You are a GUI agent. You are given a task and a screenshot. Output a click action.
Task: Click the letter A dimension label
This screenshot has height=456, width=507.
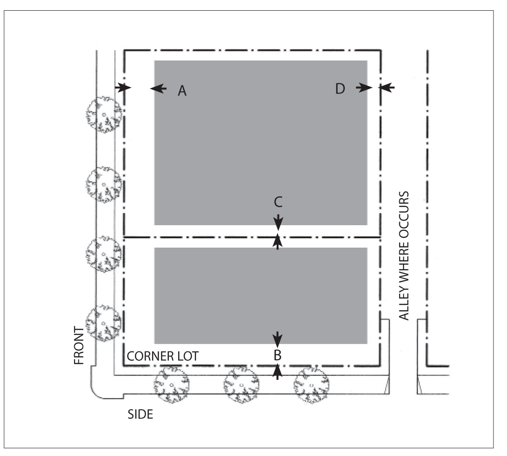182,91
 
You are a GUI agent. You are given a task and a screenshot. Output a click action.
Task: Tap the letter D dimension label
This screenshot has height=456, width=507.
340,88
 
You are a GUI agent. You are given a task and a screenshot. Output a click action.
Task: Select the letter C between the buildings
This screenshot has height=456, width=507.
278,202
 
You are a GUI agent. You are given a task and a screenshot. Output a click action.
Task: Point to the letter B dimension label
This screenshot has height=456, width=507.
278,355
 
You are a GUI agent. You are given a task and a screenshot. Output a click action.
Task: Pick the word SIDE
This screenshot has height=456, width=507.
140,414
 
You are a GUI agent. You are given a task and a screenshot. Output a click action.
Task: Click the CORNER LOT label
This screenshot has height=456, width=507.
163,356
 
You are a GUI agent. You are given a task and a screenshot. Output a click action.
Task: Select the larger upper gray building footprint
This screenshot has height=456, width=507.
260,142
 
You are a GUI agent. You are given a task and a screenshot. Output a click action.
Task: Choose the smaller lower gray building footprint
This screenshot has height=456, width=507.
260,295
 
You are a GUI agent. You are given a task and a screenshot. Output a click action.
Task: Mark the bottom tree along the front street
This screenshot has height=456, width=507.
103,323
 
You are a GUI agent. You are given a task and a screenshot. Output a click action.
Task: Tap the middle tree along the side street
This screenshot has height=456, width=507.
242,385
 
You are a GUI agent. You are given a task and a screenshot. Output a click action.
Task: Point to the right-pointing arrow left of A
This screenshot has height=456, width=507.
124,87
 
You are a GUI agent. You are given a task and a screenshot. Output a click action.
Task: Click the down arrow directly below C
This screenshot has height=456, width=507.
278,220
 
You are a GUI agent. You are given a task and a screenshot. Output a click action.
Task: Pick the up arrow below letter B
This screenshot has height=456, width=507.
278,371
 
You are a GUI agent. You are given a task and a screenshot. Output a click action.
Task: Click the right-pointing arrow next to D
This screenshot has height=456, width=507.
364,87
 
